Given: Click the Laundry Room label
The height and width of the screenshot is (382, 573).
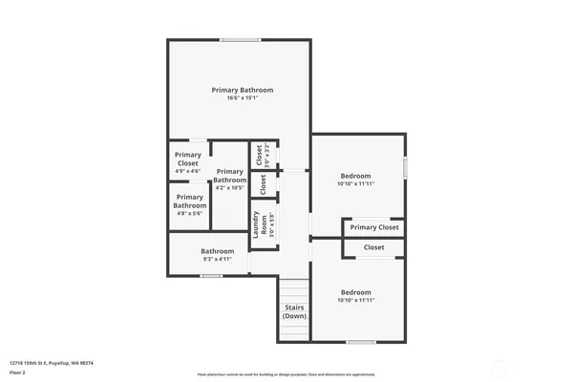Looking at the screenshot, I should pos(256,225).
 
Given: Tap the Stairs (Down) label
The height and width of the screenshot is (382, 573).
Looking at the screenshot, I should pos(295,311).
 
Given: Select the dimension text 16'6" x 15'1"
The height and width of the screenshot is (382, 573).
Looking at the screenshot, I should pos(243,97).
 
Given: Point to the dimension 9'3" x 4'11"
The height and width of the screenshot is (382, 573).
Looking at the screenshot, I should pos(217,259).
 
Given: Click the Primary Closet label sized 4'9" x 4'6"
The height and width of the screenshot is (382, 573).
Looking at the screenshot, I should pos(188,159).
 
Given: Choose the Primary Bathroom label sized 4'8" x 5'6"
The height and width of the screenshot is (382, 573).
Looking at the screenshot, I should pos(189,201).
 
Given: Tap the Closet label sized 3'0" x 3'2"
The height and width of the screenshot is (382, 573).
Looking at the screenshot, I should pos(258,150).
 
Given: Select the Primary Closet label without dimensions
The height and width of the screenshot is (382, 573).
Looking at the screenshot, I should pos(374,227).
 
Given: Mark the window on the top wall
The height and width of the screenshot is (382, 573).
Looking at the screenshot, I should pos(239,39).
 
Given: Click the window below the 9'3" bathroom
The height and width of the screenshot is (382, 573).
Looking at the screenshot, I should pos(211,276).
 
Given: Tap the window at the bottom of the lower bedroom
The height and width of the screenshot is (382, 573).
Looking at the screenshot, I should pos(360,342).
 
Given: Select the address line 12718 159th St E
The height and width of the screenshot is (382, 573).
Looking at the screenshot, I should pos(52,362).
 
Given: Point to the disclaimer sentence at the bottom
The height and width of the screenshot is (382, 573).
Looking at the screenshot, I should pos(287,374).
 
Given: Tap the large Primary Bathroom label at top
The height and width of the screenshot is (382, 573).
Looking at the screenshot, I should pos(243,90).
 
